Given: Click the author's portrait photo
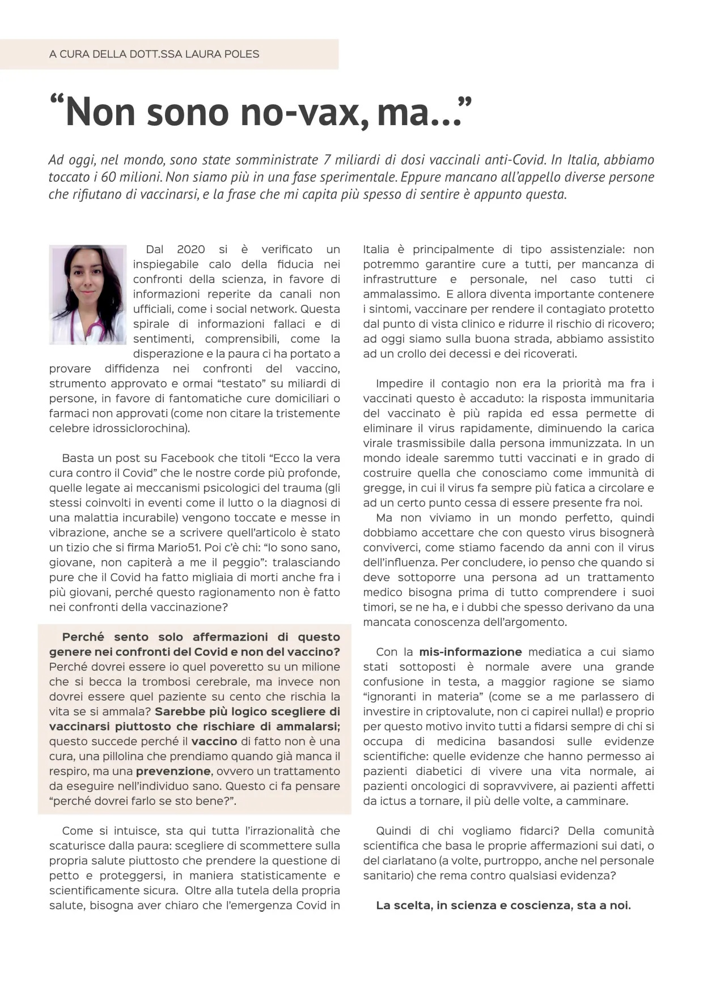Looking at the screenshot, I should coord(87,295).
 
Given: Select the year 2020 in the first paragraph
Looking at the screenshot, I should coord(191,249).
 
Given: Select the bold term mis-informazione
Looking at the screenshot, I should coord(471,652).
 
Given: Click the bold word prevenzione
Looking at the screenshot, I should coord(173,771).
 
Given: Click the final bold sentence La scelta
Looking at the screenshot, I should coord(503,906).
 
